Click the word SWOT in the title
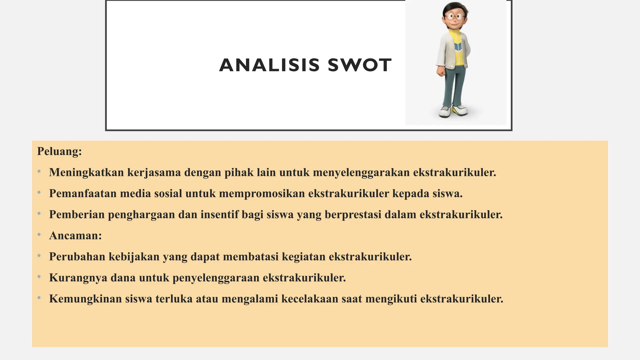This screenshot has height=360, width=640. [360, 65]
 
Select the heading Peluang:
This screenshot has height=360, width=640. [59, 151]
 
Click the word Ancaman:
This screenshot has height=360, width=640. [76, 236]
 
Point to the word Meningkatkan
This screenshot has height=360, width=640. [87, 172]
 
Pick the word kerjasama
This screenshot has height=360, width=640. [154, 172]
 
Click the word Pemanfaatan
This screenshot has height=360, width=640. [83, 193]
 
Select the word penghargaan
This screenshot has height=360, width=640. [142, 215]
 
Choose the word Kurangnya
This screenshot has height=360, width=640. [78, 278]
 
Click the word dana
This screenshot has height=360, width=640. [123, 278]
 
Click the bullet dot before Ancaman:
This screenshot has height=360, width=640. [39, 235]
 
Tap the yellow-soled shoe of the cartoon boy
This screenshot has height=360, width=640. [459, 110]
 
